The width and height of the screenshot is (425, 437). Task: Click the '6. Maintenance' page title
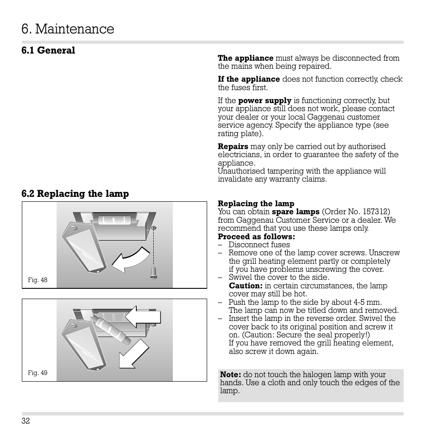point(68,29)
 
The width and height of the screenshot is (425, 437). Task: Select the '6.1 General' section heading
point(48,50)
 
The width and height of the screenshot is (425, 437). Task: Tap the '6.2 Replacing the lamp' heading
point(75,194)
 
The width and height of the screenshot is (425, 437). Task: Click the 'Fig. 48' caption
point(37,280)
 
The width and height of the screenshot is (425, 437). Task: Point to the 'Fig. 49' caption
point(37,373)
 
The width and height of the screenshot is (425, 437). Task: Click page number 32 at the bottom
point(25,421)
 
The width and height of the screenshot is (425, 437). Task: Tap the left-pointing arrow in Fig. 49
point(143,317)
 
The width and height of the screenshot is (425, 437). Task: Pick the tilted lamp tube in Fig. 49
point(111,331)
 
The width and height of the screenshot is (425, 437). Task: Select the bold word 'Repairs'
point(233,146)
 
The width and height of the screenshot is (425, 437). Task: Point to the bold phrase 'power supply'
point(265,101)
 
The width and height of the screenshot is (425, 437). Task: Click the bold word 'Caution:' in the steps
point(245,286)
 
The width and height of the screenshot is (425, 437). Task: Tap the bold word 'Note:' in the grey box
point(230,375)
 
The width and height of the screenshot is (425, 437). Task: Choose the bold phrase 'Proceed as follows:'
point(256,237)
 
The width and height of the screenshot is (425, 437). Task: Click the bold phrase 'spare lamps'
point(296,212)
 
